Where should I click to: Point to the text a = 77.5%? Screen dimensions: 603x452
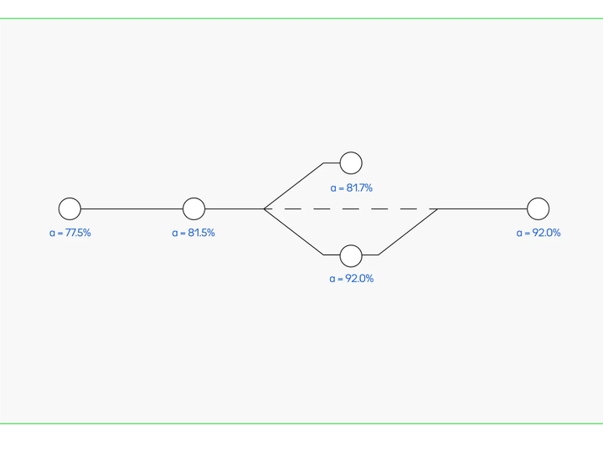click(70, 233)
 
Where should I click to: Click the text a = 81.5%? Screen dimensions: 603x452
click(193, 233)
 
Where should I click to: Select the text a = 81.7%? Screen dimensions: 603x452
click(352, 188)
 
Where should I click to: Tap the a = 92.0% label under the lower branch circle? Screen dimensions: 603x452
click(352, 279)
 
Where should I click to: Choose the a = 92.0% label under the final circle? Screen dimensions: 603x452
click(539, 233)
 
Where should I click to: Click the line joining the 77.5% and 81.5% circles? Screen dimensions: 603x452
click(132, 208)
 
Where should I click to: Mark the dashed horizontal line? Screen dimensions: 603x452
click(351, 208)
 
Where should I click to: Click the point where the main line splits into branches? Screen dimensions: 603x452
click(264, 208)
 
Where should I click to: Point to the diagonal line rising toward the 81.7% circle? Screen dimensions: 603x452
click(294, 186)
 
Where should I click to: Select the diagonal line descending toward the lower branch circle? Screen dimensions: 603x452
click(294, 232)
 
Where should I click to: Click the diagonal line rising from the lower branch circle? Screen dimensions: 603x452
click(408, 232)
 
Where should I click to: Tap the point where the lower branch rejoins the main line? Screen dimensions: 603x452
click(438, 208)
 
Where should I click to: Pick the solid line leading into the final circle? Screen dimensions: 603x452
click(482, 208)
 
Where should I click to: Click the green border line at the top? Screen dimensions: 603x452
click(301, 18)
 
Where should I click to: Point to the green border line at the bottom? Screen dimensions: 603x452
click(301, 424)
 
